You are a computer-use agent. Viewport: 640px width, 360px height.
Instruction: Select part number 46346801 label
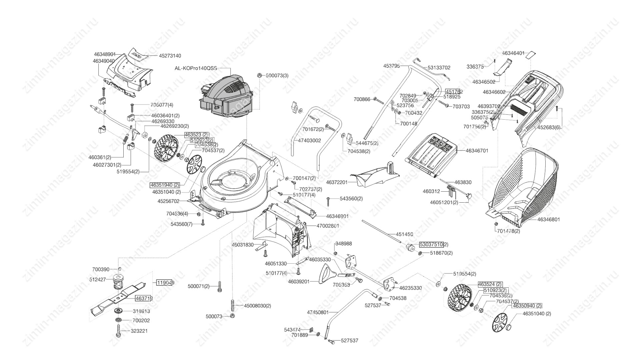pos(549,220)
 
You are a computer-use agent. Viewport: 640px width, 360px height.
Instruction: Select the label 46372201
pos(337,182)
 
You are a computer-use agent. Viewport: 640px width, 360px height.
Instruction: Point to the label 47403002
pos(309,141)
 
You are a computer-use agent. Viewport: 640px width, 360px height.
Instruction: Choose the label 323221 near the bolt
pos(140,331)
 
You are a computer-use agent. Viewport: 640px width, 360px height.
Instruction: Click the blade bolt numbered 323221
pos(118,331)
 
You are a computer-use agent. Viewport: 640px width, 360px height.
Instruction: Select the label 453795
pos(391,66)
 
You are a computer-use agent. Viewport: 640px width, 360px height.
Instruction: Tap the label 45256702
pos(168,201)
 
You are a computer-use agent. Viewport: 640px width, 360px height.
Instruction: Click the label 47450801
pos(318,312)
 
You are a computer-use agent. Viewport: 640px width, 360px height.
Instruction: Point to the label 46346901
pos(337,216)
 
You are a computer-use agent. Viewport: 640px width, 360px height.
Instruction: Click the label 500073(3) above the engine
pos(277,76)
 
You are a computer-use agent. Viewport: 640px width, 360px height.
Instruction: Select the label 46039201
pos(299,282)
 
